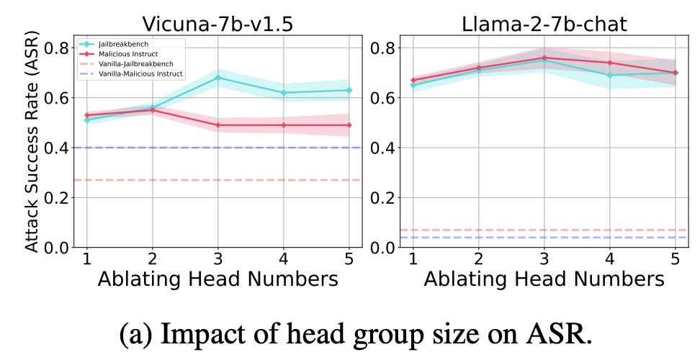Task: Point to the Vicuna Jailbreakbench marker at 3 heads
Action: pyautogui.click(x=218, y=78)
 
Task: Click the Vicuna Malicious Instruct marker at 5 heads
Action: pyautogui.click(x=349, y=125)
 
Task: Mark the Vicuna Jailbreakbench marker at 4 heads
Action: pyautogui.click(x=284, y=93)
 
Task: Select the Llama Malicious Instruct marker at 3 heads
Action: pyautogui.click(x=544, y=58)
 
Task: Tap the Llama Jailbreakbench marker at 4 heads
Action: pyautogui.click(x=609, y=75)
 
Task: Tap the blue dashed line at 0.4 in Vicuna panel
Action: pyautogui.click(x=252, y=148)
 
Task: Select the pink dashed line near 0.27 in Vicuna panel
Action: pyautogui.click(x=252, y=180)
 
